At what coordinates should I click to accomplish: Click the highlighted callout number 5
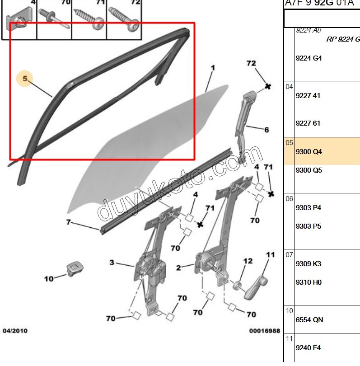25,79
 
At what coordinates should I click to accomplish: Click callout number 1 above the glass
213,68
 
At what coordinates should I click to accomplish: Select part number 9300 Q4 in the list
309,152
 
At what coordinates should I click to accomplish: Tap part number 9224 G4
309,58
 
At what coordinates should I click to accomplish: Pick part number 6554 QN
309,320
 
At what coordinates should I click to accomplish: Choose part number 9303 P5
309,226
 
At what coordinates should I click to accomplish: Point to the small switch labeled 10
73,268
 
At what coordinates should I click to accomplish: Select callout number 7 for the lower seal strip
69,222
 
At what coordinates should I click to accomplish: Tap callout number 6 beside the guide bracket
266,130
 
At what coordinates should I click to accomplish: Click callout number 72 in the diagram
251,63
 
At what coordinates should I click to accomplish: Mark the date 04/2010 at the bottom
15,331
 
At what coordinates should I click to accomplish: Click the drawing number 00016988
265,331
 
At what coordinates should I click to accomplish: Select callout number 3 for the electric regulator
112,263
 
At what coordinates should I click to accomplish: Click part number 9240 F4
308,348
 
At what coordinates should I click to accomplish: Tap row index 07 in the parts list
290,255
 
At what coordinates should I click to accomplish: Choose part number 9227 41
308,96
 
